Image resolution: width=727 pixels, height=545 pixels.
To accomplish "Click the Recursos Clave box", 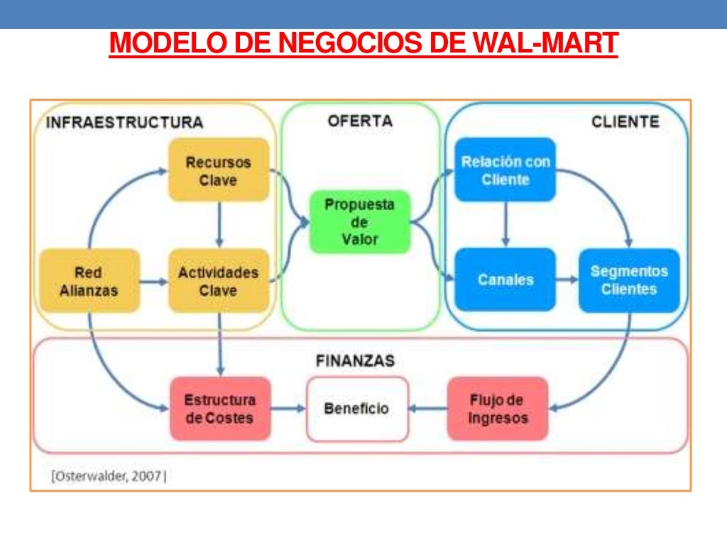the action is coord(218,170).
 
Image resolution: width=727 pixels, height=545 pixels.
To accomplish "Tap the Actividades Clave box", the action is coord(218,281).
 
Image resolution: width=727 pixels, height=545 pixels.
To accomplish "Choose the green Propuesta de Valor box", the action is coord(360,221).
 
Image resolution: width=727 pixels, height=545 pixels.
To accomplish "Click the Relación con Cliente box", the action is coord(505,170).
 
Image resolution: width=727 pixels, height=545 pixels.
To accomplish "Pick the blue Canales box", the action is coord(505,280).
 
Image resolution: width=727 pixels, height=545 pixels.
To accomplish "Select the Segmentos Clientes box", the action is coord(629,280).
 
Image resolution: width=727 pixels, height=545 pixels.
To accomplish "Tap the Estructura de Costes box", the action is coord(219,408).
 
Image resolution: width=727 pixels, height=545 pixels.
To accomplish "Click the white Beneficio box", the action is coord(357,409).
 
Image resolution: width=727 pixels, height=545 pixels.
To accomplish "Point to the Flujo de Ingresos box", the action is coord(498,409).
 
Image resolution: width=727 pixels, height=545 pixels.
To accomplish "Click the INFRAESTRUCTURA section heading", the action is coord(124,122).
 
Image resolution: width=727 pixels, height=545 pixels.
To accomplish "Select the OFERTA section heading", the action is coord(360,121).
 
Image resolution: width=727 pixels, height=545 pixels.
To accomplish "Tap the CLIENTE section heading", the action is coord(625,121).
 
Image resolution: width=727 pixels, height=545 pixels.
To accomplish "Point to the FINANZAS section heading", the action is coord(354,360).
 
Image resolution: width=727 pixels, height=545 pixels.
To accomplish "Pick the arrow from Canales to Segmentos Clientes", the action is coord(567,280).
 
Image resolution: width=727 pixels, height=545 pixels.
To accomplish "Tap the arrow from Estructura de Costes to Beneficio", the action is coord(288,409).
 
